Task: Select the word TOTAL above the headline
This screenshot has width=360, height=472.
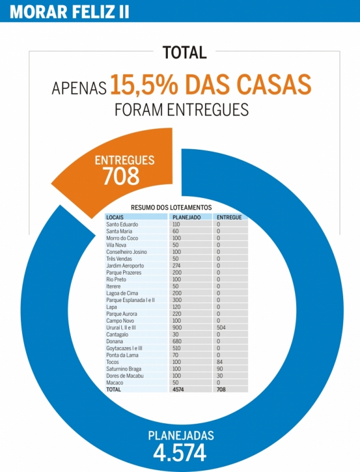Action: coord(185,52)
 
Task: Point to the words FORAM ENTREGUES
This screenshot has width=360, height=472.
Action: coord(182,109)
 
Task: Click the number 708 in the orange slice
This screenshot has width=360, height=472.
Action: coord(121,176)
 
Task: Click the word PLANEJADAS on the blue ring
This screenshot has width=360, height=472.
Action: coord(181,435)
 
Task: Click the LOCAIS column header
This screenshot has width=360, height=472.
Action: coord(115,217)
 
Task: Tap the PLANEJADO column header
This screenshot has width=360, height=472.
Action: coord(186,217)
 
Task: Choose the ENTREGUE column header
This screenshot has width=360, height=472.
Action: coord(229,217)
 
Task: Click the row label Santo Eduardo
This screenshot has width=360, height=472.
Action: coord(122,224)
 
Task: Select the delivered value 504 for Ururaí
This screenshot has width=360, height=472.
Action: coord(222,327)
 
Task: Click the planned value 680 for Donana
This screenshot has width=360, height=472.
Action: coord(177,341)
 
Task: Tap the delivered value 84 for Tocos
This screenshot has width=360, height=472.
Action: coord(220,362)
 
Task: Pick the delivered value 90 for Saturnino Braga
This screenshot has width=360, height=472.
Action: coord(220,369)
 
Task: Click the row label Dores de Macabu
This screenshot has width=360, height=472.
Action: coord(124,376)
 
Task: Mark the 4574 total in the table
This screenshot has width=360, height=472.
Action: coord(178,390)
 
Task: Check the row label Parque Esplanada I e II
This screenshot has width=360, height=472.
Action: coord(131,300)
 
